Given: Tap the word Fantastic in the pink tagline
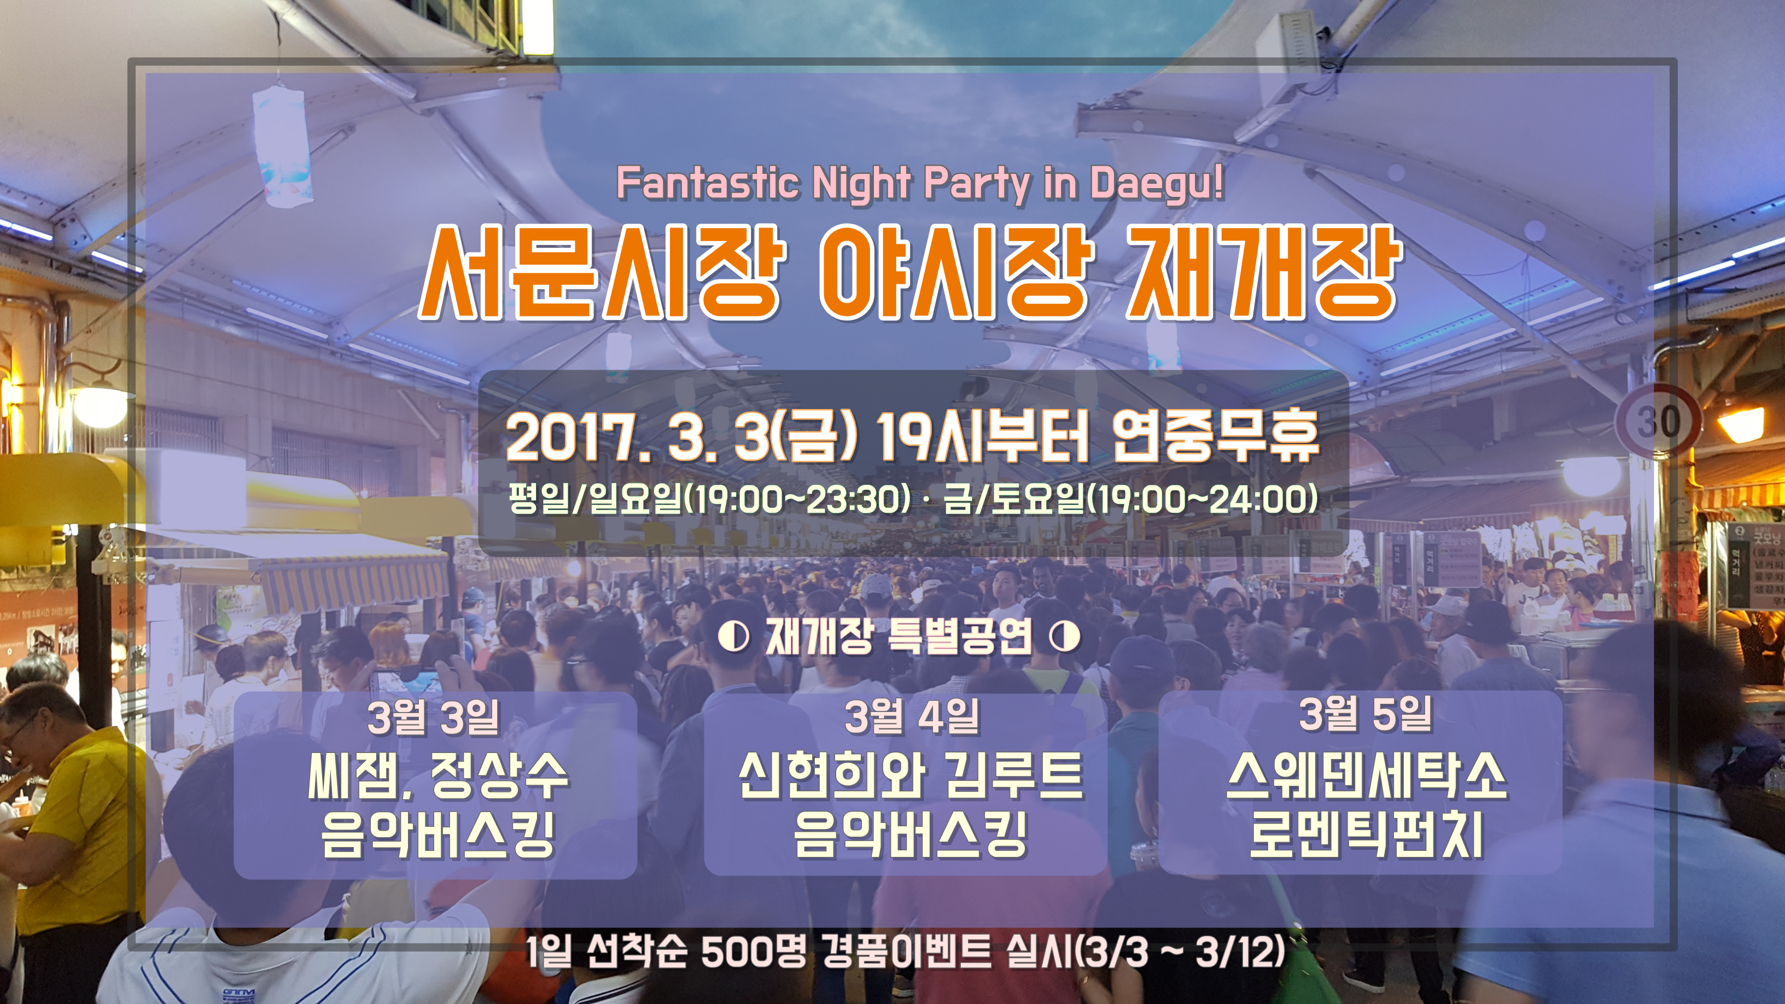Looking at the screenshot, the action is point(707,183).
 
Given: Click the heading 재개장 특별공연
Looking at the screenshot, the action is point(899,637).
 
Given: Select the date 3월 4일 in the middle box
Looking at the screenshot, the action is point(912,716).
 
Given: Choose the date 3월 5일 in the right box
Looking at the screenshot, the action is point(1366,714).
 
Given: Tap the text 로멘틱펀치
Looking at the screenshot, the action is point(1367,834).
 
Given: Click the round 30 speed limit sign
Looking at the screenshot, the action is point(1658,420).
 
